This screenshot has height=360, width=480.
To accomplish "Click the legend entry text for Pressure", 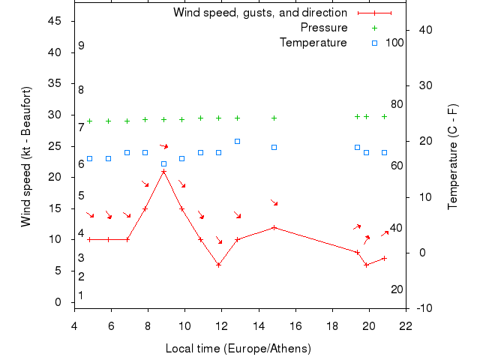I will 324,28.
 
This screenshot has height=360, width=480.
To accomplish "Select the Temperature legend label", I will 313,42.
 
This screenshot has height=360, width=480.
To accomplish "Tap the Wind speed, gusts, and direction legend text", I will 260,13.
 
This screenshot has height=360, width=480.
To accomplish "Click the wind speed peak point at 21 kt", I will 163,171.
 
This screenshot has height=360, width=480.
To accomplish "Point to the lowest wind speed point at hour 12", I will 219,265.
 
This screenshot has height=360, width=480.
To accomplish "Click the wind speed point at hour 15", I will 274,227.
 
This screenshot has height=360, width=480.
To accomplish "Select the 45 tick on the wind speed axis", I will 55,21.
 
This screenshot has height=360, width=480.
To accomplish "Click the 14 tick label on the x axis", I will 258,325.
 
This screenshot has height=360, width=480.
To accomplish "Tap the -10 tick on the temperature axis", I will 423,308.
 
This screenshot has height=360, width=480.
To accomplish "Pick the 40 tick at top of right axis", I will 422,30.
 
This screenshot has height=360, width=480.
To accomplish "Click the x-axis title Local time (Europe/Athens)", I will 238,349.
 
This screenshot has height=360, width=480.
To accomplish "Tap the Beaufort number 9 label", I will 81,46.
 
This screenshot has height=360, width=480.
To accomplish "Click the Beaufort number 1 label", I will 81,295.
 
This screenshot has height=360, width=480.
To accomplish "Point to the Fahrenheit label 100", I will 394,42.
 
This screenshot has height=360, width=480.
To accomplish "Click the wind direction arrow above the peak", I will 163,145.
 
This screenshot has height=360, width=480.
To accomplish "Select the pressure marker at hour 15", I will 274,118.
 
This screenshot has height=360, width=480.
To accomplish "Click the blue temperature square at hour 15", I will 274,147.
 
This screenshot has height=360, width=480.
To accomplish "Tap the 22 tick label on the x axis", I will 406,325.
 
